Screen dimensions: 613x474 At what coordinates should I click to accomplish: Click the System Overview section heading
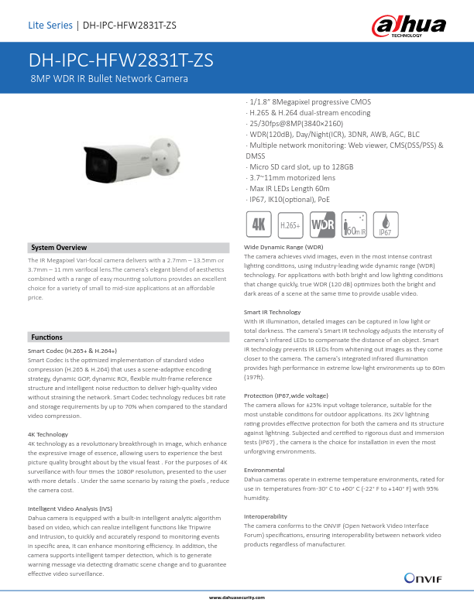pos(59,247)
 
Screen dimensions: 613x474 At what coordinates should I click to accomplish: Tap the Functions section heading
pos(47,337)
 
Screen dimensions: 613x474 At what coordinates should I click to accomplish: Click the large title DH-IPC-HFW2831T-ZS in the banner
pos(122,62)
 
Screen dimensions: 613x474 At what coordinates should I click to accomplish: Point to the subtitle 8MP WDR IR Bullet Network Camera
pos(108,79)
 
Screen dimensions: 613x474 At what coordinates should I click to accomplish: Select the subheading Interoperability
pos(266,515)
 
